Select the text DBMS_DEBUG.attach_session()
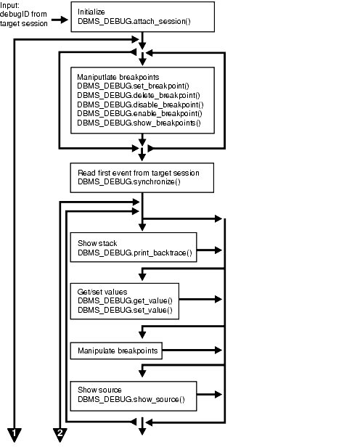click(131, 22)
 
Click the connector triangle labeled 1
click(15, 434)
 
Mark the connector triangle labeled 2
click(60, 434)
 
